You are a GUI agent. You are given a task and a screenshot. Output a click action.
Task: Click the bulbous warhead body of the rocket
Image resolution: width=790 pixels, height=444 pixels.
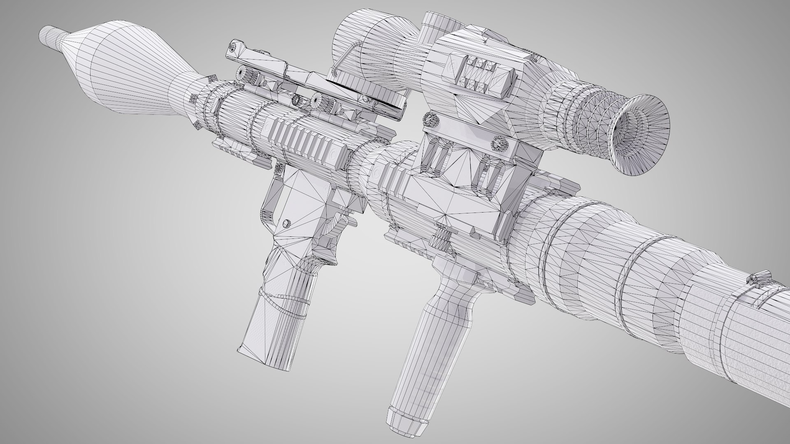click(x=123, y=66)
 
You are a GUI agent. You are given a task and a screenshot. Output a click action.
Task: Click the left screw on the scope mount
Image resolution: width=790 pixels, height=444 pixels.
click(x=430, y=120)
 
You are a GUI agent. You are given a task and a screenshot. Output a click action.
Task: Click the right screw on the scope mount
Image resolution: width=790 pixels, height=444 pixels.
click(x=499, y=145)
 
